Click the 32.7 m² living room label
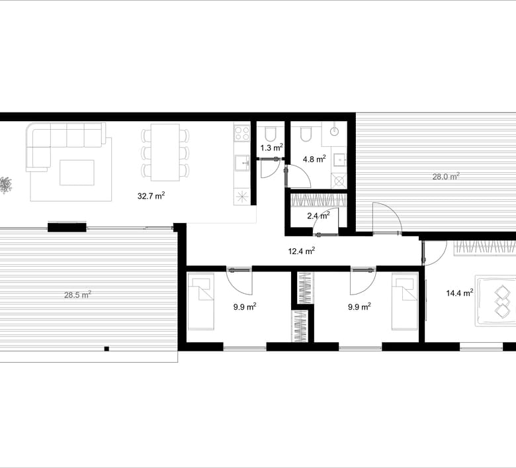(151, 196)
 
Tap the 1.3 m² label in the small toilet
(272, 148)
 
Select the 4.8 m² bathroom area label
(315, 159)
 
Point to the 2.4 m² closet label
(318, 216)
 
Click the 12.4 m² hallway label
(302, 252)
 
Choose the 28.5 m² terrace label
(77, 295)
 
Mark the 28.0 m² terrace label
(446, 177)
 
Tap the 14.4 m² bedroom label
(460, 293)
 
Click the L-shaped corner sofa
(65, 147)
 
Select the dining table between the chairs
(165, 152)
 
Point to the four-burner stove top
(242, 133)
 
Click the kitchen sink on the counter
(242, 164)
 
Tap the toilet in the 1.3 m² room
(271, 134)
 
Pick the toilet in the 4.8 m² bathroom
(306, 134)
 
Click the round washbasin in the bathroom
(333, 131)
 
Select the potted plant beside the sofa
(5, 185)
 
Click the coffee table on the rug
(77, 173)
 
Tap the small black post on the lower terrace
(107, 349)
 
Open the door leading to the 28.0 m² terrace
(387, 218)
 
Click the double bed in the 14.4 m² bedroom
(495, 301)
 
